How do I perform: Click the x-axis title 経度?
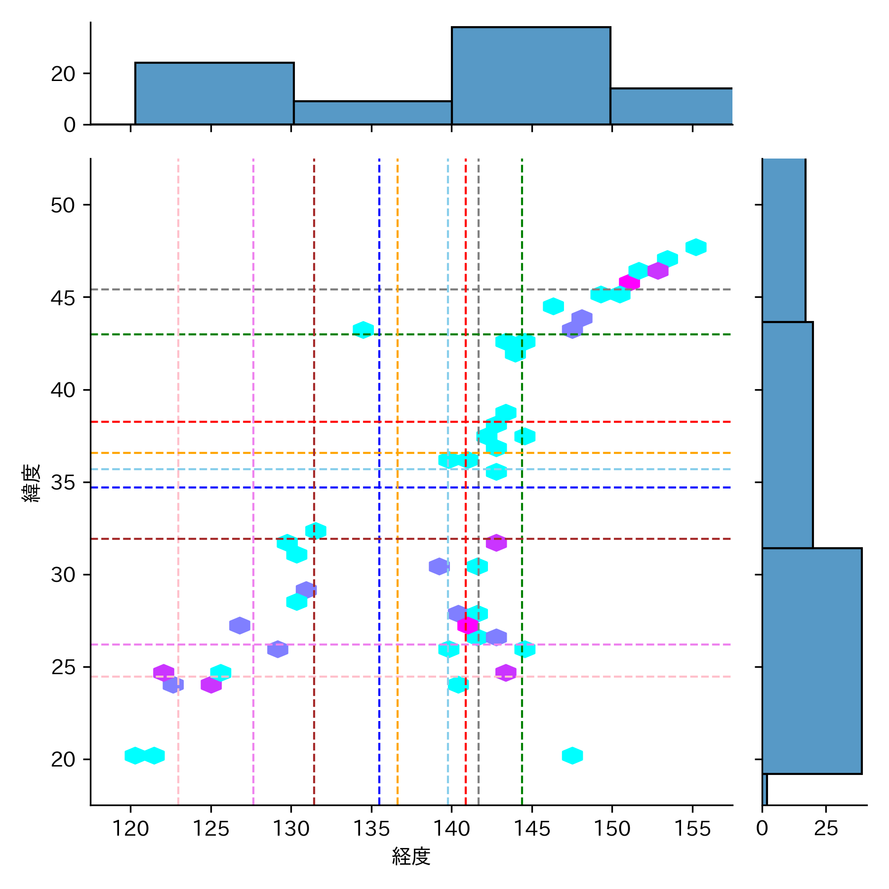pos(411,856)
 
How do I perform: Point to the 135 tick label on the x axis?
pos(371,828)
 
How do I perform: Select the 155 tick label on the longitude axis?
pos(692,828)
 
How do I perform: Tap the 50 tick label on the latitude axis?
pos(63,205)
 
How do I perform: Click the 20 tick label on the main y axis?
pos(63,759)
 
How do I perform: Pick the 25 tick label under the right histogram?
pos(826,828)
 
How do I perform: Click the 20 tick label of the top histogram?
pos(63,74)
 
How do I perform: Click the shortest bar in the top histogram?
pos(372,113)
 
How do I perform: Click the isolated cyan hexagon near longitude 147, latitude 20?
pos(572,755)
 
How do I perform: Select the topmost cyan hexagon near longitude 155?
pos(696,247)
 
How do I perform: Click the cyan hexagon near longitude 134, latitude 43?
pos(363,329)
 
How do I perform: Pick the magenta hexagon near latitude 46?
pos(629,283)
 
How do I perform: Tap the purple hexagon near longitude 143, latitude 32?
pos(496,542)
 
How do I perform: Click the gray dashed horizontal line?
pos(296,289)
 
